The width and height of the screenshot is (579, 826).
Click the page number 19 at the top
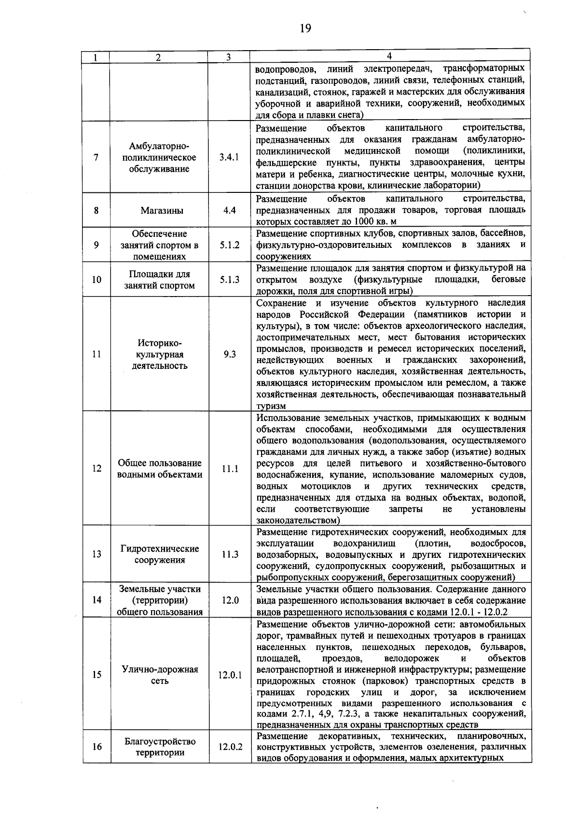pos(305,28)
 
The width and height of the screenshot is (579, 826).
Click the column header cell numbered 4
pos(389,56)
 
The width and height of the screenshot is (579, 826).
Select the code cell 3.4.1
pos(229,158)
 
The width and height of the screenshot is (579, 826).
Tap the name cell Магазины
pos(159,211)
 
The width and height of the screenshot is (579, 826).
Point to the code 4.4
pos(230,211)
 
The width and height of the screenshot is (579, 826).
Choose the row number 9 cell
pos(96,245)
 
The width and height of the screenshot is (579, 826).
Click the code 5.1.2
pos(230,245)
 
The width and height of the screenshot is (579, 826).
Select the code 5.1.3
pos(230,280)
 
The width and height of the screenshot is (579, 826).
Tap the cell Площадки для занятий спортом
pos(159,280)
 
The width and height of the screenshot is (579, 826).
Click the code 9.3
pos(230,354)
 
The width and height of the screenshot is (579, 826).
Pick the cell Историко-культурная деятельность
pos(159,354)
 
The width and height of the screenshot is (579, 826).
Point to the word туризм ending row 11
pos(271,406)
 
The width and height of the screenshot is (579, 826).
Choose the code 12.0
pos(230,600)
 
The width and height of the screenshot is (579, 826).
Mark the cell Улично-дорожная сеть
pos(159,675)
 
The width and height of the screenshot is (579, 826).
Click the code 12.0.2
pos(230,747)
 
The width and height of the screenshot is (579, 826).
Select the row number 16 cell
pos(96,747)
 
